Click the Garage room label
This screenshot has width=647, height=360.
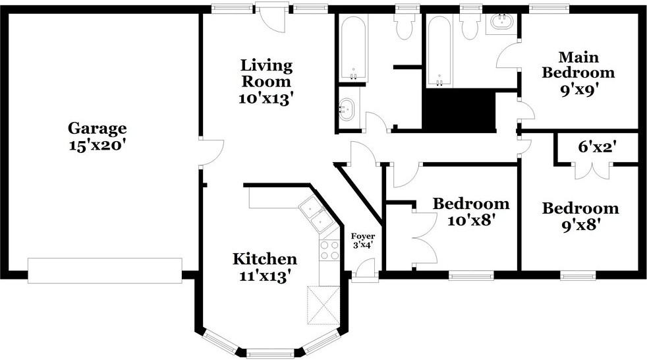coord(98,136)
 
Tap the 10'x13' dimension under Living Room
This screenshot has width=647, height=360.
coord(266,99)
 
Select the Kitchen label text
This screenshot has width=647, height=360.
coord(264,259)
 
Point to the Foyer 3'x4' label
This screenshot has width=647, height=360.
coord(363,240)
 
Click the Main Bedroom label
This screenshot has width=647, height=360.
coord(578,73)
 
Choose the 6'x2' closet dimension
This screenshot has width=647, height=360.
coord(597,146)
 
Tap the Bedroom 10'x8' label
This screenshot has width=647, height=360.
coord(471,212)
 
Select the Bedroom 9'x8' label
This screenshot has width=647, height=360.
coord(580,216)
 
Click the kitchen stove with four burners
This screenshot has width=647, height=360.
coord(329,250)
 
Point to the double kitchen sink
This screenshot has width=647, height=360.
coord(317,215)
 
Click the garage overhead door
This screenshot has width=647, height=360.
coord(105,271)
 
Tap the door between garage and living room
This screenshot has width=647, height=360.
coord(211,153)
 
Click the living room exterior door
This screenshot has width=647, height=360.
coord(272,16)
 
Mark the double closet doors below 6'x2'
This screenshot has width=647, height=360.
coord(592,171)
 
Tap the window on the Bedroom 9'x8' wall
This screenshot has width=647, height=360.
coord(578,275)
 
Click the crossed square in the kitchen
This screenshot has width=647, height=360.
coord(323,305)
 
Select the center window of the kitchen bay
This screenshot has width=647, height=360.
coord(270,354)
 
